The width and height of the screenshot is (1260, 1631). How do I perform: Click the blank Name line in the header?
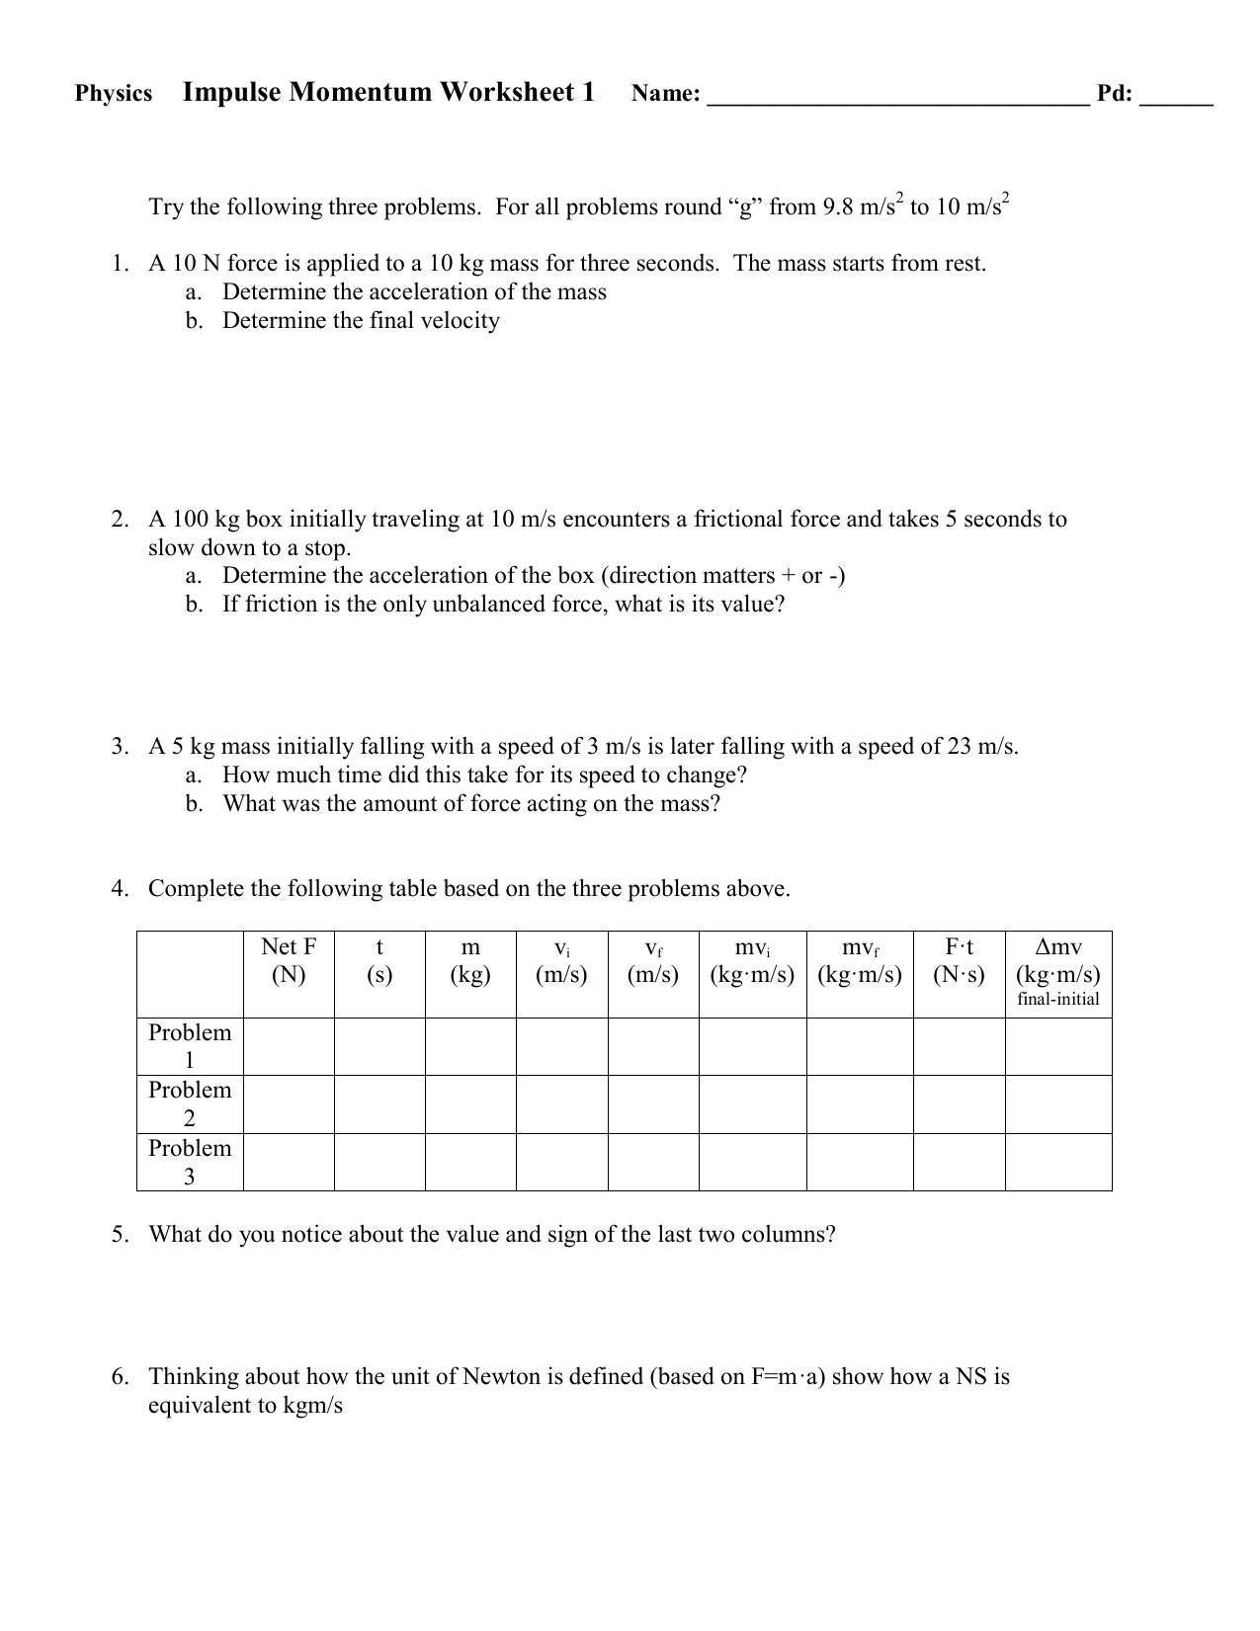point(898,97)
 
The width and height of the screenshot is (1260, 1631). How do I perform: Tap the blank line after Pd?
point(1176,97)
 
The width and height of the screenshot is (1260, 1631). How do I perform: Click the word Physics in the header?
point(114,94)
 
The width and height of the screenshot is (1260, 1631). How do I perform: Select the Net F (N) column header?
point(289,961)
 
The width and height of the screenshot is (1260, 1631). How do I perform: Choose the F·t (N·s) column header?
point(959,961)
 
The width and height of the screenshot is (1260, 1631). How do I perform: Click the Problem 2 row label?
point(190,1103)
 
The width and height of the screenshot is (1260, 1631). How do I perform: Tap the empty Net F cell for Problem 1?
point(289,1047)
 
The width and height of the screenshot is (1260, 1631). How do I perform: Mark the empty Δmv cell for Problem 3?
point(1058,1162)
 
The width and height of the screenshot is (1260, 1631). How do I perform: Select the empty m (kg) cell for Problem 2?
point(470,1103)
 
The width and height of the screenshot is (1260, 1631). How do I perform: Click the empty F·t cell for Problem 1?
point(959,1047)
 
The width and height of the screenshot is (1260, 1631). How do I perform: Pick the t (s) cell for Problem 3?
point(379,1162)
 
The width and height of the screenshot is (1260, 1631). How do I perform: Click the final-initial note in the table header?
point(1058,1000)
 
